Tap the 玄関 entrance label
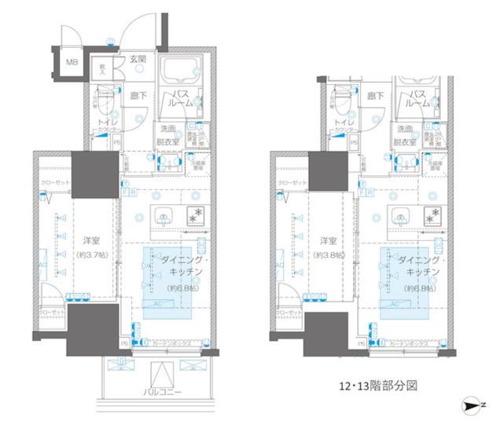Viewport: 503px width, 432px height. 138,60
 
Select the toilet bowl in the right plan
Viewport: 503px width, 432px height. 338,101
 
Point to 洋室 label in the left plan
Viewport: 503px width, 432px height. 89,240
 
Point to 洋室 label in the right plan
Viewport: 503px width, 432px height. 326,240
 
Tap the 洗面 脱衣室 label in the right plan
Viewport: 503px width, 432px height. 405,134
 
